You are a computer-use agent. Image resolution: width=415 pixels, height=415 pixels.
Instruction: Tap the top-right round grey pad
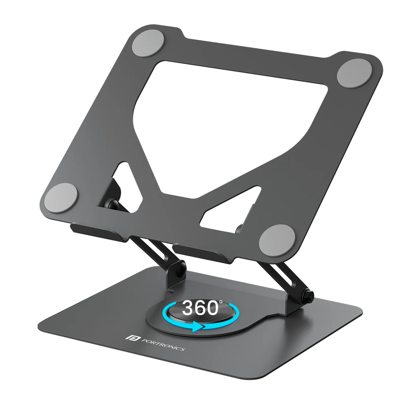(354, 73)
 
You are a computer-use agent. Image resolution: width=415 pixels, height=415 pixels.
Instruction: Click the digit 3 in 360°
(188, 308)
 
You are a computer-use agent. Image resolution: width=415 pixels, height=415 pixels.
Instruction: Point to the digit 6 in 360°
(201, 308)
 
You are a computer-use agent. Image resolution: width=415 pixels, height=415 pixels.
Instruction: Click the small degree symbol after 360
(221, 302)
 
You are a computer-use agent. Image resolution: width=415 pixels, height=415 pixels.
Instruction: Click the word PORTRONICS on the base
(163, 345)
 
